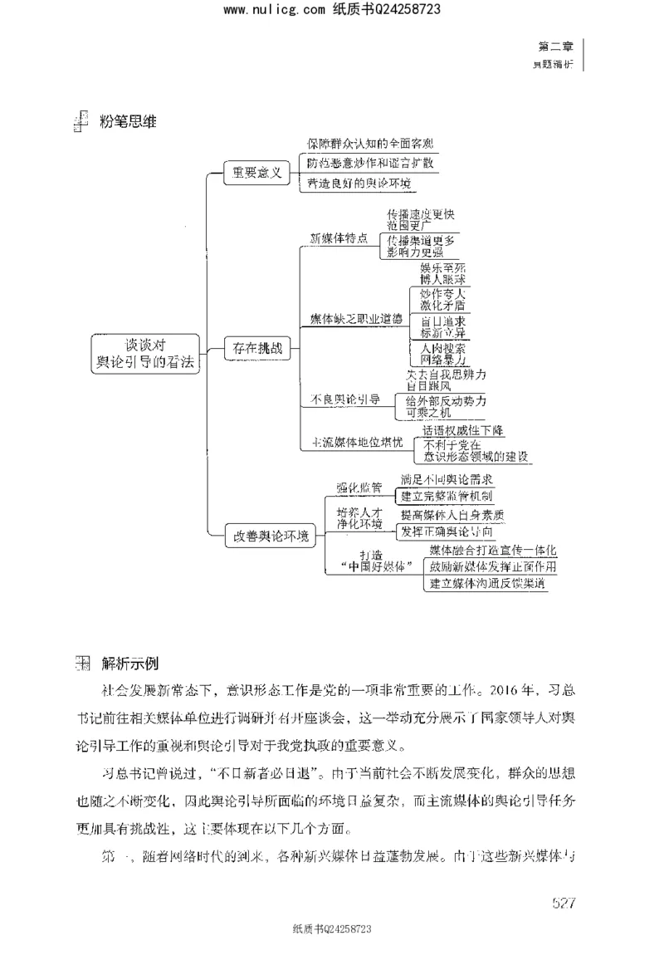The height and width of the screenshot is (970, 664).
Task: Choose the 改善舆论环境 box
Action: click(271, 536)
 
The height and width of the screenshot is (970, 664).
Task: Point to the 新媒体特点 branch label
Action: click(339, 239)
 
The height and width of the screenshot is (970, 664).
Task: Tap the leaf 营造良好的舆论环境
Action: click(359, 184)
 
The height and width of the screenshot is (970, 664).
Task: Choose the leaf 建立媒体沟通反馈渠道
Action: click(488, 584)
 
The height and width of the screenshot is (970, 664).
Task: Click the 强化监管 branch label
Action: click(359, 488)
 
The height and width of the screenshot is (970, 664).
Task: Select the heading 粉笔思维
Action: click(129, 122)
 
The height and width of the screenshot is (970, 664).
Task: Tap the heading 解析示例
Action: click(130, 664)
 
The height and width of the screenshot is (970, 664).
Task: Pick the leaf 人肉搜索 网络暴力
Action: click(443, 355)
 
